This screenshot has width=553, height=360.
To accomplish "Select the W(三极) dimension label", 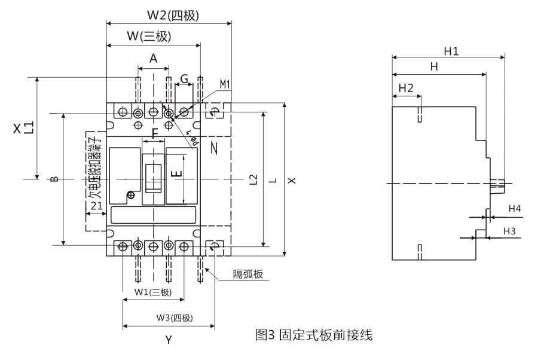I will click(x=149, y=36).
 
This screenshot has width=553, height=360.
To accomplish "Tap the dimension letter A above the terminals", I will click(x=153, y=59).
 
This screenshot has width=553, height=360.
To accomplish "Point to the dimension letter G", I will click(x=184, y=79).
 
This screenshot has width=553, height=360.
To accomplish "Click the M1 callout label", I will click(x=224, y=84).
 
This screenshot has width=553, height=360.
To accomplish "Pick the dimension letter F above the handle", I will click(x=155, y=134).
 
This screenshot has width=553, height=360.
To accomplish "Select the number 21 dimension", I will click(x=97, y=205).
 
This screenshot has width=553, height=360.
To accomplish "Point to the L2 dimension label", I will click(x=253, y=179).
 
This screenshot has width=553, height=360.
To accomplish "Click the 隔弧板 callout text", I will click(x=248, y=274).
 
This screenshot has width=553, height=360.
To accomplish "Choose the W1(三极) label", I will click(x=152, y=292).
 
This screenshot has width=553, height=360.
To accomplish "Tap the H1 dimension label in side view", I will click(x=451, y=51).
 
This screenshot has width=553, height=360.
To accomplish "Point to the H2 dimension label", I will click(x=406, y=87).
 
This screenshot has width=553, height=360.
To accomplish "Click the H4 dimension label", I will click(x=515, y=209).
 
